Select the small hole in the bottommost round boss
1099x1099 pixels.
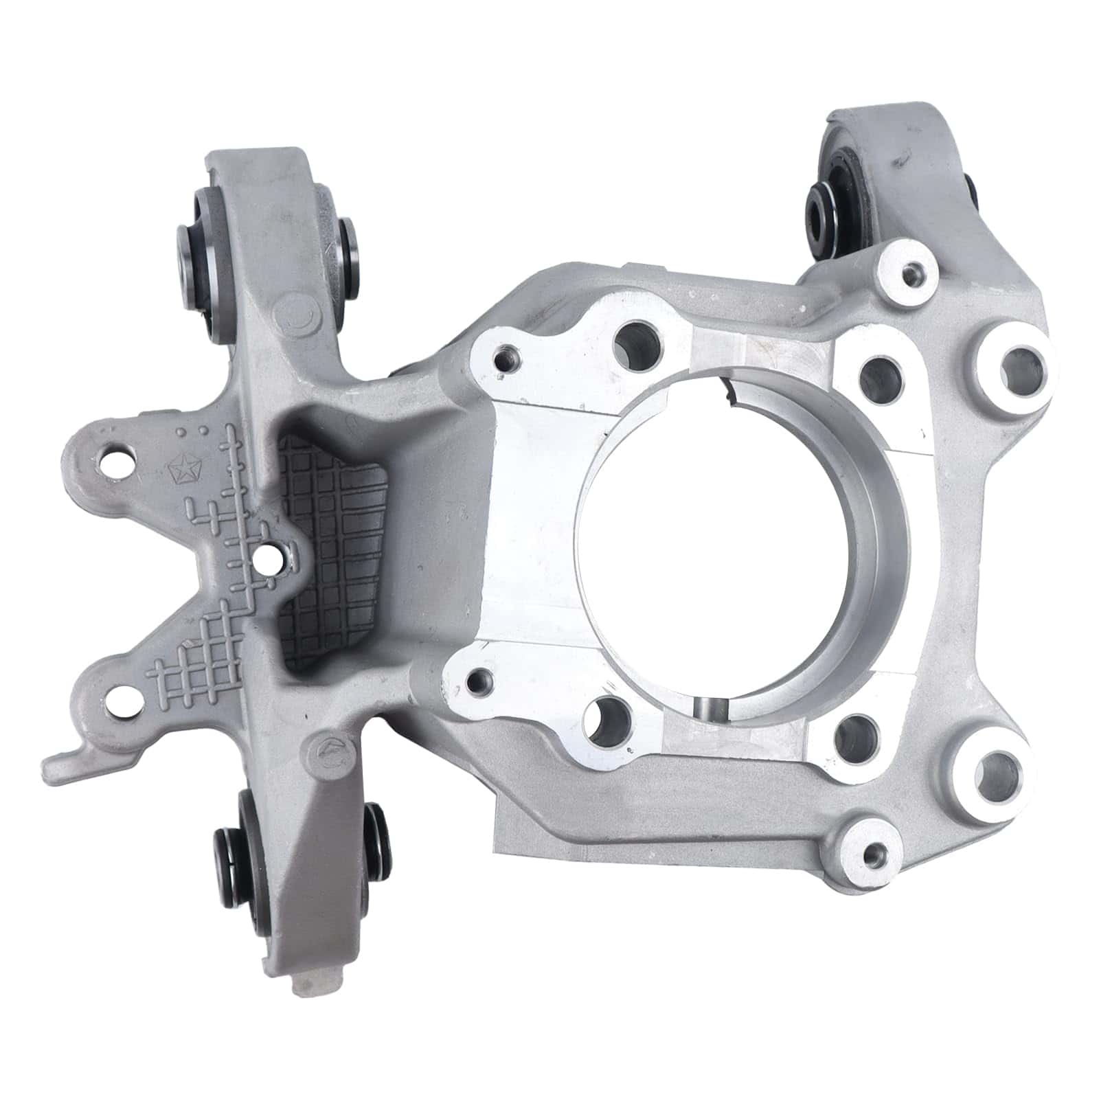874,855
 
